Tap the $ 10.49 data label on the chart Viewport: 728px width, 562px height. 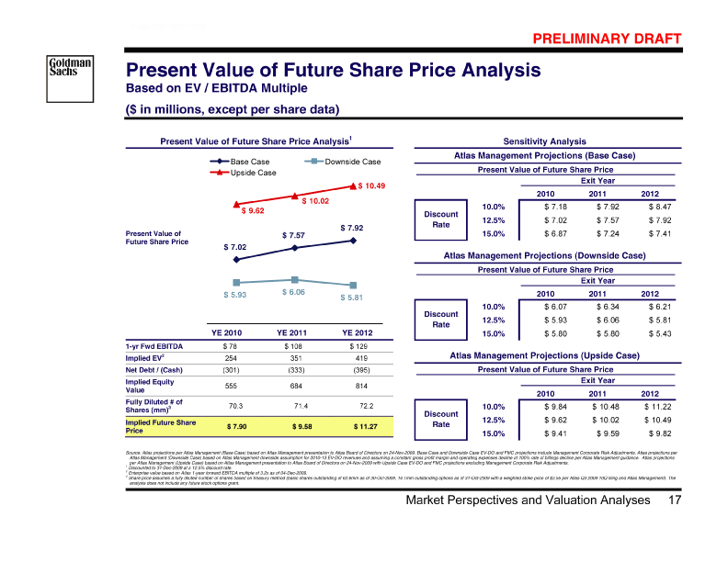(370, 187)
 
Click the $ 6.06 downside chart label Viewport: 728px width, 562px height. (294, 292)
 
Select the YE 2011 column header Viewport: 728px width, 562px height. (295, 332)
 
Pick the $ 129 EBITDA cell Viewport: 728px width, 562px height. (353, 346)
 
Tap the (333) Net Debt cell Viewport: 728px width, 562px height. (295, 370)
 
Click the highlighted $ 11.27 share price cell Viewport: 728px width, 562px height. (353, 427)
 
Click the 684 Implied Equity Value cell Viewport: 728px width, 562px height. (295, 386)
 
